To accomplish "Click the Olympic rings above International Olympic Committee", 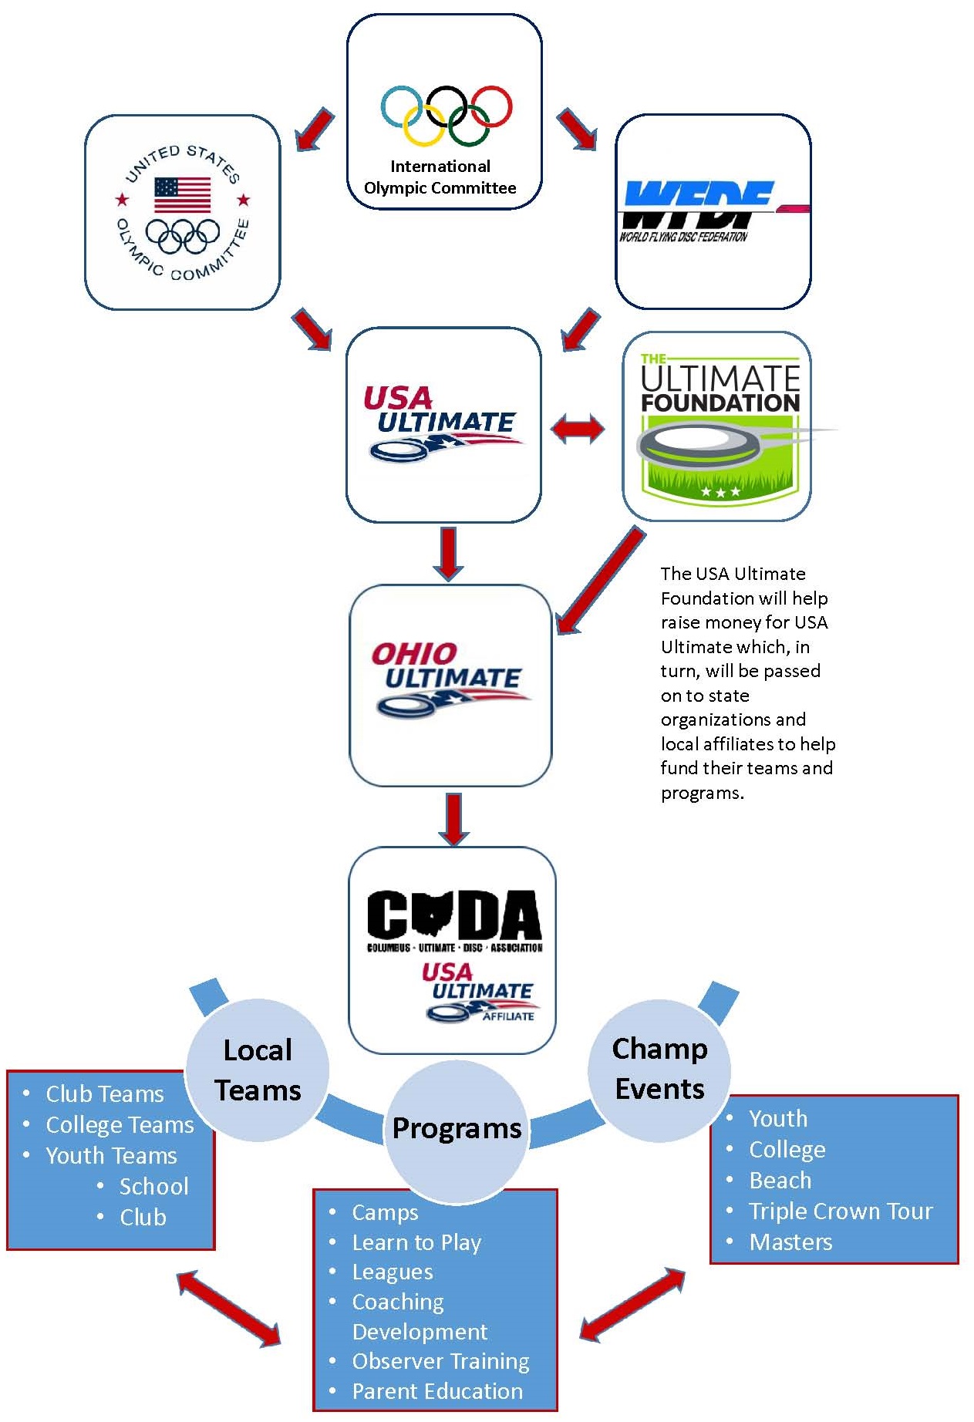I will (447, 116).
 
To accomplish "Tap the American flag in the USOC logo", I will (182, 194).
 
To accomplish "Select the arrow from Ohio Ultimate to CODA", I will (453, 819).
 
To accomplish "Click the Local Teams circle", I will (258, 1070).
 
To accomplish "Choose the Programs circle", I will (457, 1129).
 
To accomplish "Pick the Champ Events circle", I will (659, 1069).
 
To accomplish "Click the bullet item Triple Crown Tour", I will (841, 1211).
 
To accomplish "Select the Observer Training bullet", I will (440, 1362).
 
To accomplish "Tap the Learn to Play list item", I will (416, 1243).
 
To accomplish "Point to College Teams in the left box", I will (120, 1125).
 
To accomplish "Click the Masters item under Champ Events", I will (790, 1242).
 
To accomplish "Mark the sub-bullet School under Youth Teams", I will (153, 1187).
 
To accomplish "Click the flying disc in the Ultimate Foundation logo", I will (698, 445).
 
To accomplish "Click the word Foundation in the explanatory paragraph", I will (707, 598).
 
